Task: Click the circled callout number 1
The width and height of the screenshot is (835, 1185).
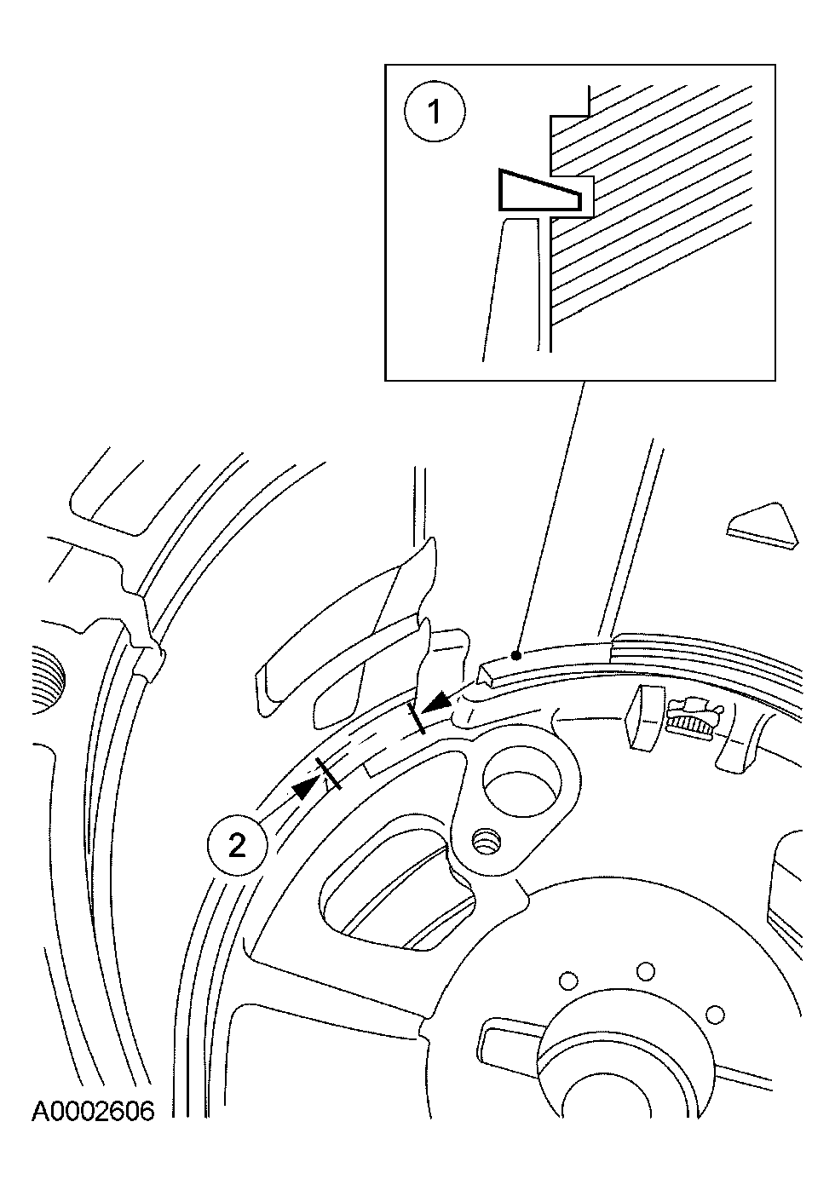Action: pos(435,112)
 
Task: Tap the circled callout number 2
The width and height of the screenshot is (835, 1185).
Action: pos(237,845)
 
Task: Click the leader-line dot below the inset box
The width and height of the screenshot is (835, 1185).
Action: pos(515,655)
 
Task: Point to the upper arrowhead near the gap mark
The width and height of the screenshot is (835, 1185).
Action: pos(438,701)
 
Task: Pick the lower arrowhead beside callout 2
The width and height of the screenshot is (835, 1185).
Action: pos(303,788)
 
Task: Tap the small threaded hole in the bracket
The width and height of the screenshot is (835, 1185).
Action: pos(487,843)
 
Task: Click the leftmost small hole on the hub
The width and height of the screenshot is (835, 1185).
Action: pos(565,981)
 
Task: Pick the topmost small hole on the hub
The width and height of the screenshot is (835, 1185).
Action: pos(646,970)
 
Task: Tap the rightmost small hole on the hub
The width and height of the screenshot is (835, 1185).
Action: pos(715,1015)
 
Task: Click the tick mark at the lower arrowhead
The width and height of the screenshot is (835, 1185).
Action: pos(328,774)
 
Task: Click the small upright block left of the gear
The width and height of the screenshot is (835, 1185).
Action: pos(642,722)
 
